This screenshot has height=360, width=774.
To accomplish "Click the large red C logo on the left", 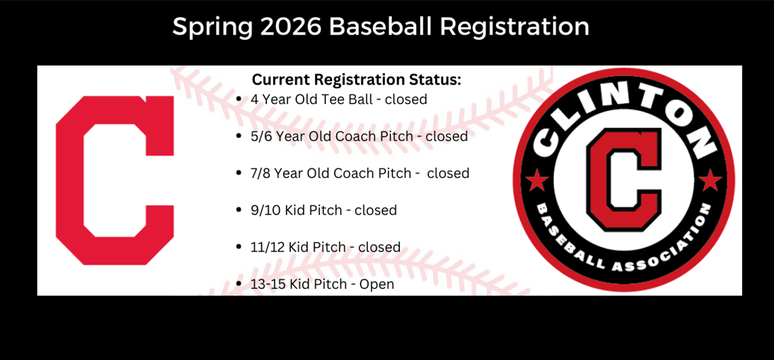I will [x=114, y=181].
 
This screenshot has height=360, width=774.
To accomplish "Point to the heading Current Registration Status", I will [x=357, y=79].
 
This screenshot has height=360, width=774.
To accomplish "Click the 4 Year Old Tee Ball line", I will [x=339, y=99].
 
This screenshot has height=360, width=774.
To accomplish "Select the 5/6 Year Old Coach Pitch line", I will [x=359, y=136].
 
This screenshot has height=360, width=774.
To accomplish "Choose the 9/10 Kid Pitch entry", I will [x=323, y=210].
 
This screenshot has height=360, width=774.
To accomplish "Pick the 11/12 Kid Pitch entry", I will [x=325, y=247].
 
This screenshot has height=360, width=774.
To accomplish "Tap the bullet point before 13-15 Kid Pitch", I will [x=239, y=284].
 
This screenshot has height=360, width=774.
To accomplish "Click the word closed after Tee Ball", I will [x=406, y=99].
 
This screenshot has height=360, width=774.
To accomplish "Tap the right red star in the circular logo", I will [x=710, y=181].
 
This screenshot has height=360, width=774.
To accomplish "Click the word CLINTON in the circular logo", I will [x=623, y=109].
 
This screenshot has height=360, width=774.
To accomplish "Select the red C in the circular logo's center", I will [x=623, y=179].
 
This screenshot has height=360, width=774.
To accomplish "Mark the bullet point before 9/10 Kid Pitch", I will [x=239, y=210].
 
